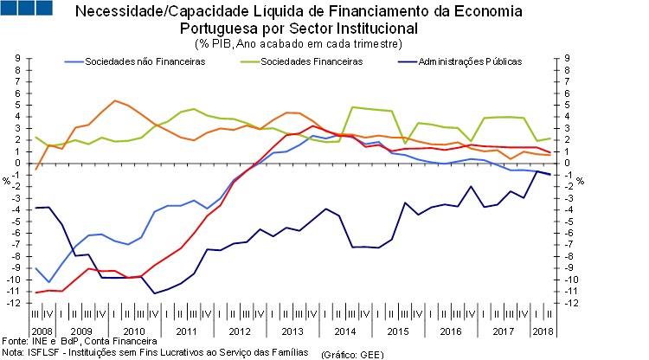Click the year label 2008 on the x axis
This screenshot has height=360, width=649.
pos(42,331)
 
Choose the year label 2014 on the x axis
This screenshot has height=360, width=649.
pos(344,331)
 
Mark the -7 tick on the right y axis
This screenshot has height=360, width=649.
pos(569,245)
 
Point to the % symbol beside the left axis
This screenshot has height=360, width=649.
pos(6,181)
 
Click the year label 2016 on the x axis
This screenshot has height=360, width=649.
pos(451,331)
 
